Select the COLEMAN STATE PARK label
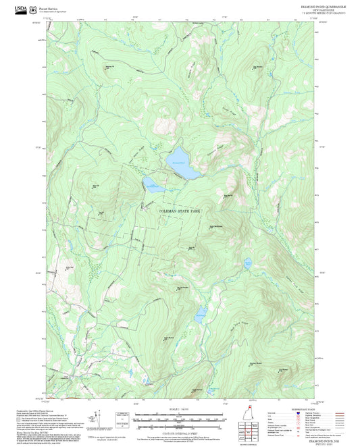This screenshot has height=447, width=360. [180, 211]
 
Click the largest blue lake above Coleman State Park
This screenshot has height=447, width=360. [182, 166]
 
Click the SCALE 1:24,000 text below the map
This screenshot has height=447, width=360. [180, 410]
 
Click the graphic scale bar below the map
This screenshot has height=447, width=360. [180, 419]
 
